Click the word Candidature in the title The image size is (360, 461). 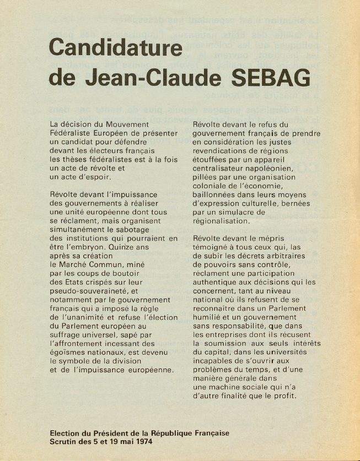pos(116,48)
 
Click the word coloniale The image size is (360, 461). pos(212,186)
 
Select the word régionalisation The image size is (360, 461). pos(221,221)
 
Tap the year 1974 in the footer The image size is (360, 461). pos(142,442)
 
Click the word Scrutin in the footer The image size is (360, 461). pos(65,442)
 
